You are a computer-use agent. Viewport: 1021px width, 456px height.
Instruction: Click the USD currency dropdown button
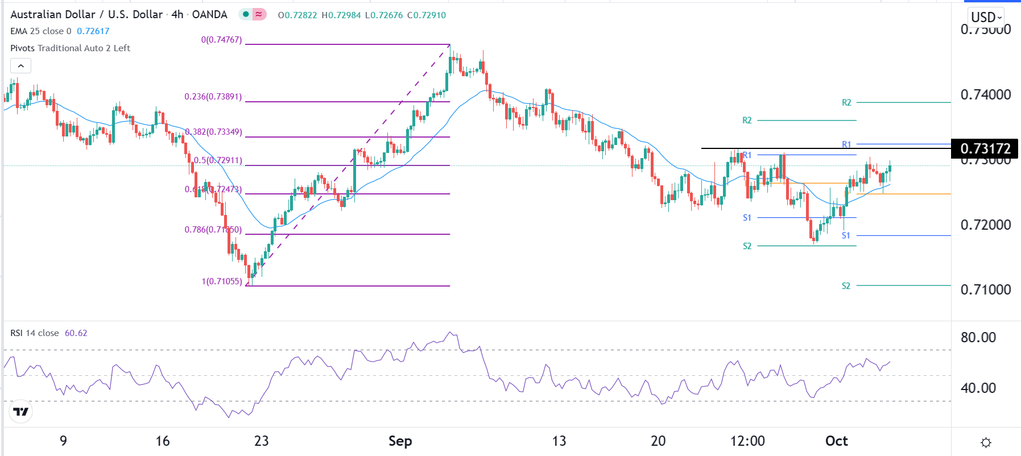click(986, 17)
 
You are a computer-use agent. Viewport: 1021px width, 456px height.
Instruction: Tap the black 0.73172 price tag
click(985, 149)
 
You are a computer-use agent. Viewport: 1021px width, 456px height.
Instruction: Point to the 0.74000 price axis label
click(985, 95)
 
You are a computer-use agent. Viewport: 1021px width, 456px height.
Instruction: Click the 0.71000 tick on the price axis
click(985, 290)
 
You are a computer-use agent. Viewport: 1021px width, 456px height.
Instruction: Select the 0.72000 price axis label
click(985, 225)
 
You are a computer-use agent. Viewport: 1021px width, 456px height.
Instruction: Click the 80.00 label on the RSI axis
click(978, 338)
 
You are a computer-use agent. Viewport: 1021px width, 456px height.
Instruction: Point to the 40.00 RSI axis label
click(978, 388)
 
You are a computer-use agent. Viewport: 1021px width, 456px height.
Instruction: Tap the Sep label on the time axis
click(400, 441)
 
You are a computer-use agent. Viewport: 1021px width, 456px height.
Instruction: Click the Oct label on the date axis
click(836, 441)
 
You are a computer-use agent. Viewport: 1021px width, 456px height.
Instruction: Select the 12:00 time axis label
click(747, 441)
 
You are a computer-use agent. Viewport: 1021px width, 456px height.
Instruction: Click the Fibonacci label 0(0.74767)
click(221, 40)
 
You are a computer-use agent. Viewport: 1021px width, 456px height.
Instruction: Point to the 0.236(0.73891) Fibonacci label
click(213, 97)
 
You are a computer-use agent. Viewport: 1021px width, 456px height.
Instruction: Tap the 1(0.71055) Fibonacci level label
click(222, 281)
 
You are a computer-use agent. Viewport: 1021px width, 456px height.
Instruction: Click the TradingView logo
click(21, 412)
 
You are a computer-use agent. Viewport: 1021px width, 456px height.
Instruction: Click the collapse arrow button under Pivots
click(20, 66)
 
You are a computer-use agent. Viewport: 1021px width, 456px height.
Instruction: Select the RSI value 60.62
click(76, 333)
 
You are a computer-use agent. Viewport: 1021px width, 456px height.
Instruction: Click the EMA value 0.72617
click(93, 31)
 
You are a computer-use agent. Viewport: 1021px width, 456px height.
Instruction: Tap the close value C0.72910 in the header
click(427, 15)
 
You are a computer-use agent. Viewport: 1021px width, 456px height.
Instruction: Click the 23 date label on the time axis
click(261, 441)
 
